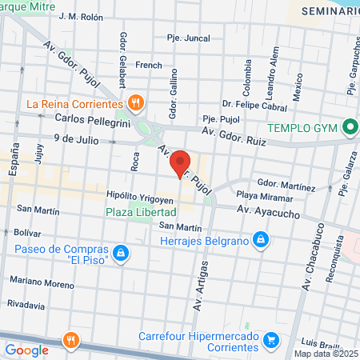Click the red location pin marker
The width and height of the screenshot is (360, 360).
[182, 163]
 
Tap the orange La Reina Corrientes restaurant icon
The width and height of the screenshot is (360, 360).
[136, 103]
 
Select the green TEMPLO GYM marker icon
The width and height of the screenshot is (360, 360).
[349, 126]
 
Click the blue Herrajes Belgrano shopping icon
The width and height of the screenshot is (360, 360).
[260, 239]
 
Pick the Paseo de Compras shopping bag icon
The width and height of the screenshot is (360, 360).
[120, 254]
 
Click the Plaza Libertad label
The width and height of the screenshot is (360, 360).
[141, 212]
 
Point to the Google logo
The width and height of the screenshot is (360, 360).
[27, 350]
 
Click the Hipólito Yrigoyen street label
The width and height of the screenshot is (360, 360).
[140, 196]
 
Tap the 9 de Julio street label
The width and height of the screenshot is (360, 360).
[75, 138]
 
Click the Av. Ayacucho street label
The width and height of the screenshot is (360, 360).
[268, 209]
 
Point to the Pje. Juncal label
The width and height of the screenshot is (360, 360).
[188, 38]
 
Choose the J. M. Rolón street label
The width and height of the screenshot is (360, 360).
[82, 16]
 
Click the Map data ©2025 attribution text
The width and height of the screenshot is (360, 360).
[326, 354]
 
